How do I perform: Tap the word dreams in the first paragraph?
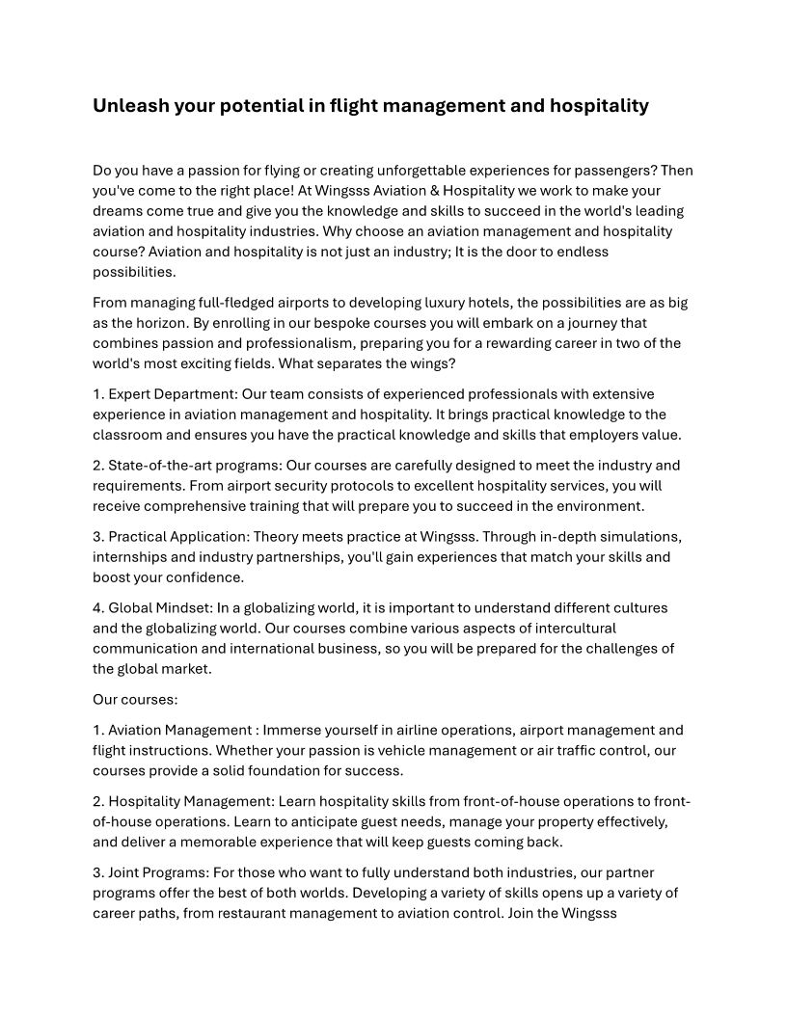click(117, 211)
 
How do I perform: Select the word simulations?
click(646, 537)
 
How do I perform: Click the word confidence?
click(202, 577)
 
